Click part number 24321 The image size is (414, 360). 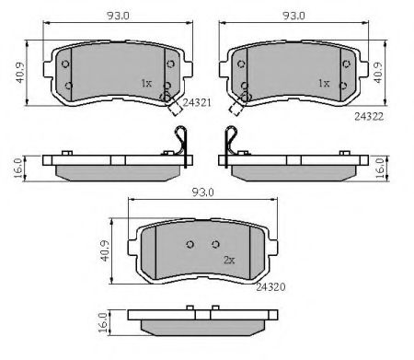pyautogui.click(x=197, y=102)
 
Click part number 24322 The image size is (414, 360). pyautogui.click(x=369, y=117)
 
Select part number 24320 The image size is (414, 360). pyautogui.click(x=270, y=287)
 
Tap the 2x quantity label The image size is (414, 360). pyautogui.click(x=229, y=261)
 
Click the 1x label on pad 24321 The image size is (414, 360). pyautogui.click(x=146, y=83)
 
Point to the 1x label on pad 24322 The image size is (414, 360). pyautogui.click(x=324, y=83)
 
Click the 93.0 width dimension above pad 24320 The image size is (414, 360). pyautogui.click(x=202, y=192)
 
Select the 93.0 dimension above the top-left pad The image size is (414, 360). pyautogui.click(x=118, y=16)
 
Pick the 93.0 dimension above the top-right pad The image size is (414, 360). pyautogui.click(x=293, y=16)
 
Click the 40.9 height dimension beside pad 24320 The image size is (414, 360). pyautogui.click(x=105, y=250)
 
